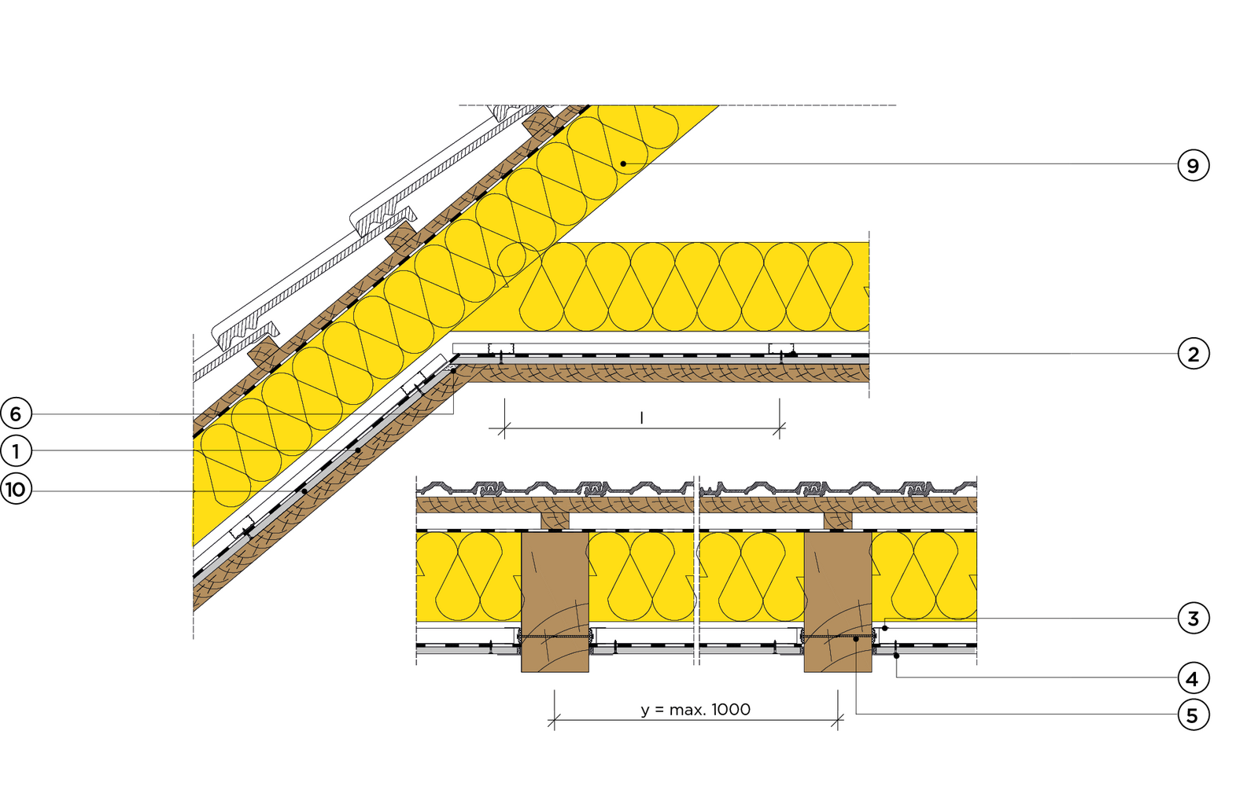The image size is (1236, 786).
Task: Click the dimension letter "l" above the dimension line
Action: [641, 418]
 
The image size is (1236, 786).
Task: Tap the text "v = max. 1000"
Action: [695, 708]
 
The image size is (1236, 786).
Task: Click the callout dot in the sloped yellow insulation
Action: [623, 163]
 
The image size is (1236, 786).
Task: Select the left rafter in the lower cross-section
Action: [555, 601]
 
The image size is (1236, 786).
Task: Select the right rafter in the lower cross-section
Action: [838, 601]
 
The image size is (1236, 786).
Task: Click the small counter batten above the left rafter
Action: [555, 520]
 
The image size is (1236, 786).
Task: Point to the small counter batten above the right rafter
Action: [838, 520]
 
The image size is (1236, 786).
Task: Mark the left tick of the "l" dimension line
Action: [504, 429]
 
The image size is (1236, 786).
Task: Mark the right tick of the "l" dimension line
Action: [780, 429]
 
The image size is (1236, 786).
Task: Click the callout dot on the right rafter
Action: [856, 639]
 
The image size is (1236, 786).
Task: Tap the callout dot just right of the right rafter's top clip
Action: [885, 628]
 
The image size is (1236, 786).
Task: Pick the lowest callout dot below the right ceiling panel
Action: [896, 655]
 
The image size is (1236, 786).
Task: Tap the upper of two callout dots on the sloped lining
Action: [358, 450]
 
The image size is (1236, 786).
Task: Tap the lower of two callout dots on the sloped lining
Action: [304, 491]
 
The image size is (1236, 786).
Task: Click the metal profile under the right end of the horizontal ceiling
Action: [780, 348]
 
